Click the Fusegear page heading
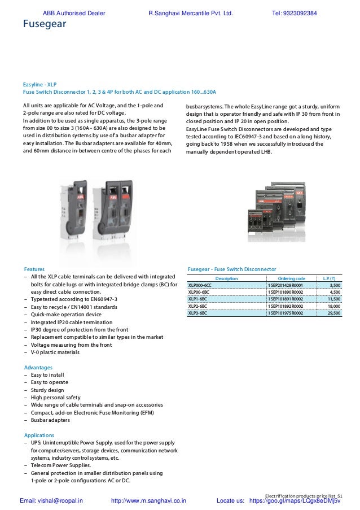click(x=44, y=24)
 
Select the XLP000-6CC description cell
click(x=200, y=286)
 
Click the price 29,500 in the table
click(x=334, y=312)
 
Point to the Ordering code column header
click(x=292, y=278)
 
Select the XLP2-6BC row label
click(x=197, y=306)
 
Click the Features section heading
click(x=34, y=269)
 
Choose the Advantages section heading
click(x=38, y=367)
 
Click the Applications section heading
click(x=39, y=435)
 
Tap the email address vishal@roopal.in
click(x=51, y=500)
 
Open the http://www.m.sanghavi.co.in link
click(x=149, y=500)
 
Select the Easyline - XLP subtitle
click(x=40, y=84)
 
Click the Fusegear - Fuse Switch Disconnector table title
click(x=231, y=269)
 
